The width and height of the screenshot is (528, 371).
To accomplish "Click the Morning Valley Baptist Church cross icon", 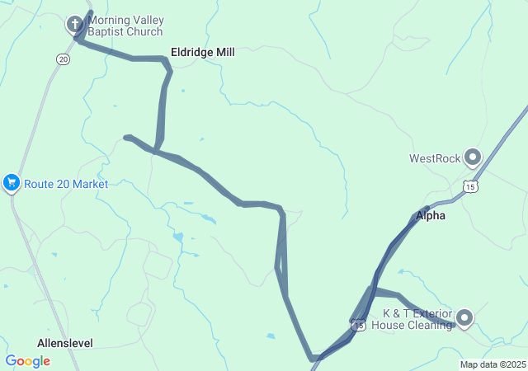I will tap(75, 24).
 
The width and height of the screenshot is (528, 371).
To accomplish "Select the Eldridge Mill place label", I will tap(202, 52).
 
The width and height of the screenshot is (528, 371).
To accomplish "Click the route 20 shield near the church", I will tap(63, 59).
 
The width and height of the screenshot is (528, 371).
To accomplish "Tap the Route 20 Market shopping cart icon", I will tap(12, 183).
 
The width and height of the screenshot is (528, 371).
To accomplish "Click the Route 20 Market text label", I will tap(66, 184).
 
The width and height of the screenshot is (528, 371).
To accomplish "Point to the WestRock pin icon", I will tap(473, 156).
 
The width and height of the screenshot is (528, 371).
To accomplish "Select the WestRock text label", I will tap(435, 158).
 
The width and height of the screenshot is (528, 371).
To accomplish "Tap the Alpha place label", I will tap(430, 216).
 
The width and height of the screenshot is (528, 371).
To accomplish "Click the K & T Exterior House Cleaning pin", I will tap(464, 317).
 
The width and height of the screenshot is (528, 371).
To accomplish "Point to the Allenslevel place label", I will tap(64, 342).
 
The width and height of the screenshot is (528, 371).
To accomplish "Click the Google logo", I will tap(27, 360).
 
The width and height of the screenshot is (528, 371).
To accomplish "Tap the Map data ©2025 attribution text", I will tap(493, 364).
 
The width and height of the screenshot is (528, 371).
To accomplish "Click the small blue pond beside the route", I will tap(177, 237).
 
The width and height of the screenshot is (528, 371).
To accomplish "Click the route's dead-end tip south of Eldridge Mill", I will tap(125, 137).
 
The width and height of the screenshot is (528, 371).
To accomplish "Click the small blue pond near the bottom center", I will tap(271, 336).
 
